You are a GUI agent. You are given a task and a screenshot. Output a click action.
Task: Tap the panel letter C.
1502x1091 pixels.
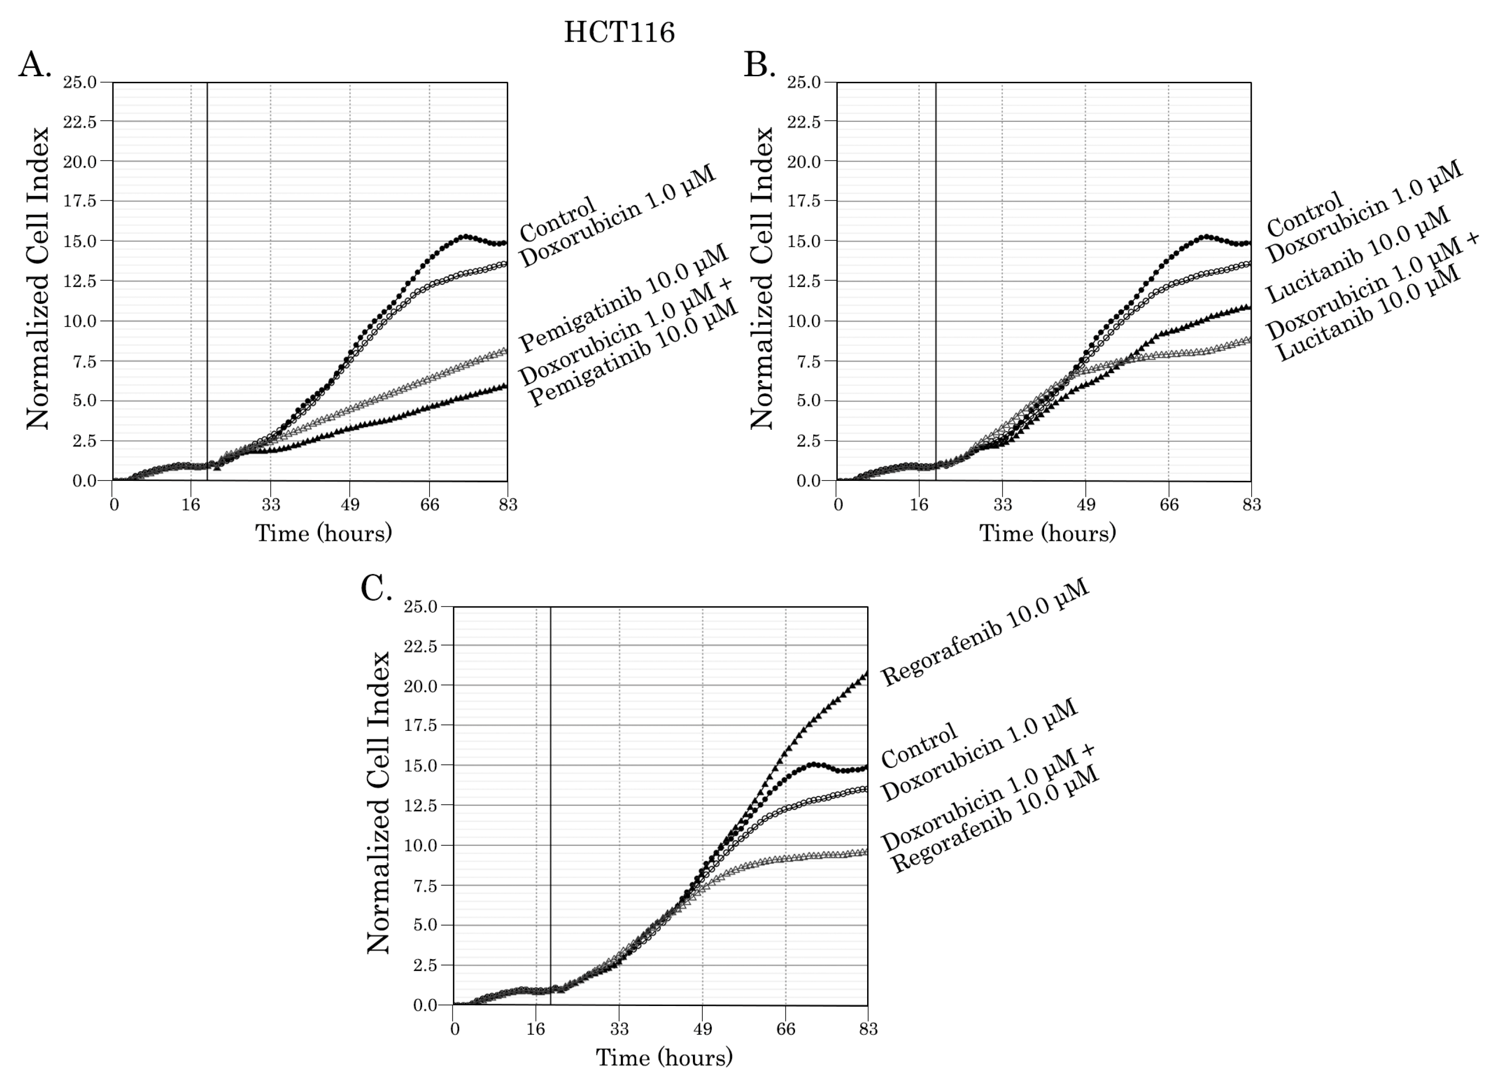tap(376, 588)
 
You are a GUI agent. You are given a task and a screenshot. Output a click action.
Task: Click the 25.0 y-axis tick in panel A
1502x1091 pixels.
tap(79, 82)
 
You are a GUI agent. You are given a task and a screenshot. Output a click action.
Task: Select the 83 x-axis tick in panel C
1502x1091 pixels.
tap(868, 1029)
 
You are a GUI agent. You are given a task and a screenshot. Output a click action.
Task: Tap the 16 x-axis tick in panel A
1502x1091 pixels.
tap(191, 505)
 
